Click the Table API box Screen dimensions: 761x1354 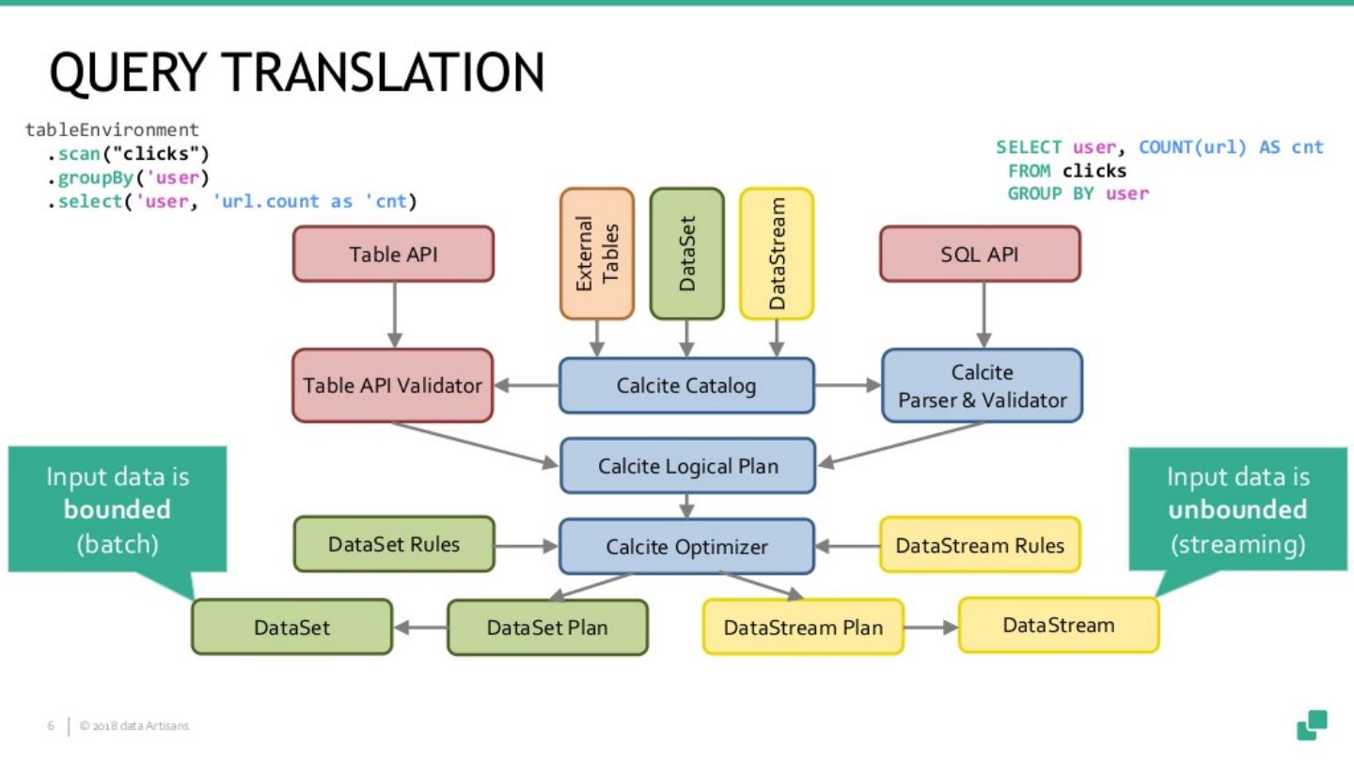(x=393, y=254)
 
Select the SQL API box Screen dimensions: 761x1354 (x=980, y=254)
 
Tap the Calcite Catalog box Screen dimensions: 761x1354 (x=686, y=385)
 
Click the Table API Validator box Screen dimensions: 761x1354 (x=392, y=385)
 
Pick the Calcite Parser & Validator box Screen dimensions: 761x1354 (x=982, y=385)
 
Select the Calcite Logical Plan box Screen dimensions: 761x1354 (x=687, y=466)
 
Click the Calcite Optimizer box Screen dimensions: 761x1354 (x=686, y=546)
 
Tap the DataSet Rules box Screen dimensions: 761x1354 (x=394, y=544)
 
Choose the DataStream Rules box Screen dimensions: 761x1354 (x=980, y=545)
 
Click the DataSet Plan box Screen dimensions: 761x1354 (x=547, y=628)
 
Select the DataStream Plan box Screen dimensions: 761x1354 (x=803, y=627)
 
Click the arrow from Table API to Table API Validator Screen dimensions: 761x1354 (x=394, y=315)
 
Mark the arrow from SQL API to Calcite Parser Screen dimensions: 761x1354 (x=984, y=315)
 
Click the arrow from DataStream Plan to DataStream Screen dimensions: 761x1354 (x=931, y=627)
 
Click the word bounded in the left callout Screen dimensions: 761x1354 (x=118, y=510)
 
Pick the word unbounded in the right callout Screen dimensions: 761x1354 (x=1237, y=510)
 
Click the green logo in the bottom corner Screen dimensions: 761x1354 (x=1312, y=724)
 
